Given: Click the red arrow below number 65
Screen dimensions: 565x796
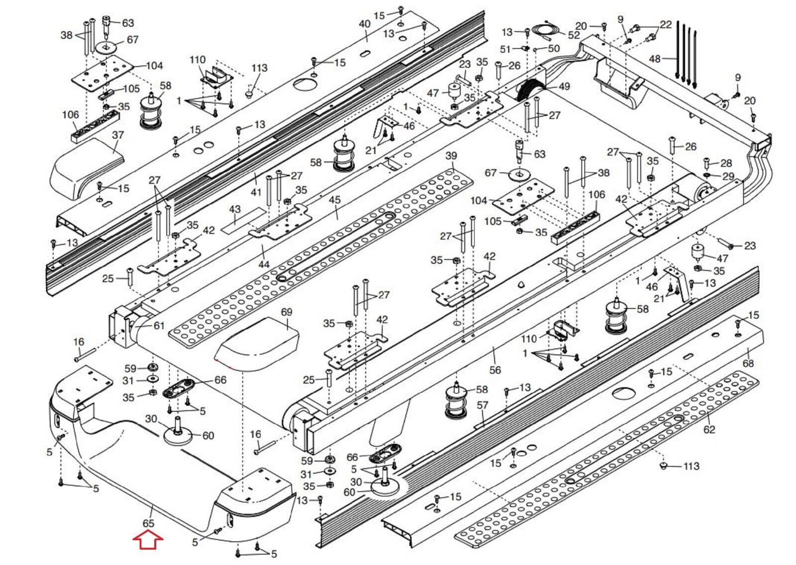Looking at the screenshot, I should [x=148, y=539].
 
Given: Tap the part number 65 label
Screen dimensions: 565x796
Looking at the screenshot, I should [x=148, y=523].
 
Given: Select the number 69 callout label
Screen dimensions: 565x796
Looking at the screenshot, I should [x=287, y=313].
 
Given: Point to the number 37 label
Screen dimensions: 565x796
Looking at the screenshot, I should [x=118, y=135].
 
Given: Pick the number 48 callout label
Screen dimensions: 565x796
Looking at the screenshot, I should [x=655, y=59].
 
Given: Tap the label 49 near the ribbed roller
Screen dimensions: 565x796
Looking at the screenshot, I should [x=564, y=86].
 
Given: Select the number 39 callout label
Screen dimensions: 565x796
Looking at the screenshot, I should [x=451, y=156].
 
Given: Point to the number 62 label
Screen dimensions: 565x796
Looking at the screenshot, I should [x=709, y=429].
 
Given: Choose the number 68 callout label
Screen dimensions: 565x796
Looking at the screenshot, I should [x=748, y=363].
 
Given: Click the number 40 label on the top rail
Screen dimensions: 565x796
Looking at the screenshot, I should [x=365, y=23].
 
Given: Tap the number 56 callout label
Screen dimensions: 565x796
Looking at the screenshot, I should [x=495, y=370].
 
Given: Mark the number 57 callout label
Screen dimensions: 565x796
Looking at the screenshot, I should [x=483, y=405].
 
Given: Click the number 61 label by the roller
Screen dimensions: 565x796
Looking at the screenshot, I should [x=159, y=325].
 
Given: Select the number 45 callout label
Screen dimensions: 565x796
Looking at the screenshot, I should [x=335, y=200].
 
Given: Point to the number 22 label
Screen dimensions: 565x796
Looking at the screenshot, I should [x=666, y=24].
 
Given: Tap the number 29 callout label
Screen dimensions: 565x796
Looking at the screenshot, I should [x=728, y=176].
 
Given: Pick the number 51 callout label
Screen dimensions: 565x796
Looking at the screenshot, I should [x=505, y=49].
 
